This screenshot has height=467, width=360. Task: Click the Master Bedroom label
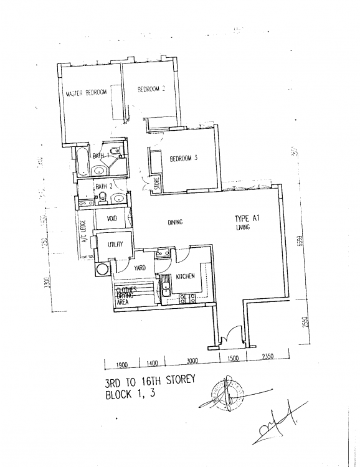click(x=87, y=93)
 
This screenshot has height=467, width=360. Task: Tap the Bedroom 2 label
click(x=150, y=90)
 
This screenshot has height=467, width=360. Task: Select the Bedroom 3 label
click(x=183, y=159)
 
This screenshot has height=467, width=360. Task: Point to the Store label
click(x=157, y=184)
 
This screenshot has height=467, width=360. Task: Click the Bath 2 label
click(x=103, y=186)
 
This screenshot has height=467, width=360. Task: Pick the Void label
click(x=112, y=219)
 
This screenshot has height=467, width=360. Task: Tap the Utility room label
click(x=115, y=245)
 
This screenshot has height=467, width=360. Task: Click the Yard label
click(x=140, y=268)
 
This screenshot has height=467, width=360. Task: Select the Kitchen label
click(x=186, y=276)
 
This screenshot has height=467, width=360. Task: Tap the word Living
click(x=243, y=229)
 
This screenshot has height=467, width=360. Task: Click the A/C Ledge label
click(x=82, y=237)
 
